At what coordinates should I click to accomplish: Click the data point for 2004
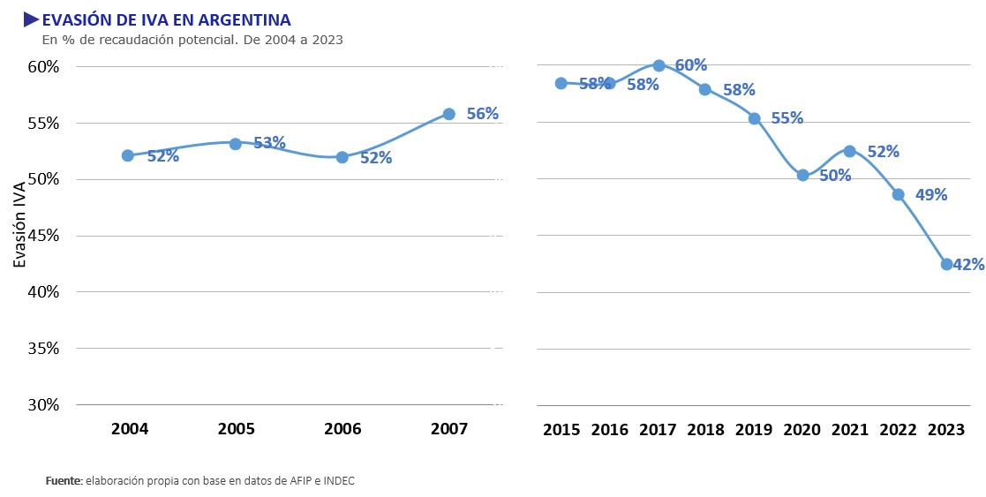tap(127, 155)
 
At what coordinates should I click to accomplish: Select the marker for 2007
tap(448, 114)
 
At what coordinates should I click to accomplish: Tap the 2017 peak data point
tap(659, 65)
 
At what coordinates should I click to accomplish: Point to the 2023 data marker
tap(946, 264)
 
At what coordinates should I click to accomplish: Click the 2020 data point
tap(802, 175)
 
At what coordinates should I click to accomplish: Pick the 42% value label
tap(968, 264)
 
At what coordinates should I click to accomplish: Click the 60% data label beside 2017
tap(691, 65)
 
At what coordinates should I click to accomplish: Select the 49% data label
tap(931, 195)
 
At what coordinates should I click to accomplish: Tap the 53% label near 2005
tap(269, 143)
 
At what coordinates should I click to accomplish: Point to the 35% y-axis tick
tap(41, 349)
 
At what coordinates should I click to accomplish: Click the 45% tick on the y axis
tap(41, 236)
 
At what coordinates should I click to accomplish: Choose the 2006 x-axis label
tap(342, 430)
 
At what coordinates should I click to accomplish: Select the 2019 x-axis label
tap(754, 430)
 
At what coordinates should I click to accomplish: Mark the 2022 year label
tap(898, 430)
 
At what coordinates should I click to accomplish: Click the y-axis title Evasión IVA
tap(20, 224)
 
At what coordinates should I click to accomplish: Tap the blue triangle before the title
tap(31, 19)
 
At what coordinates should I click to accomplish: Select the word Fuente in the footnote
tap(64, 481)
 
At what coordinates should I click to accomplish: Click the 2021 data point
tap(849, 151)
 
